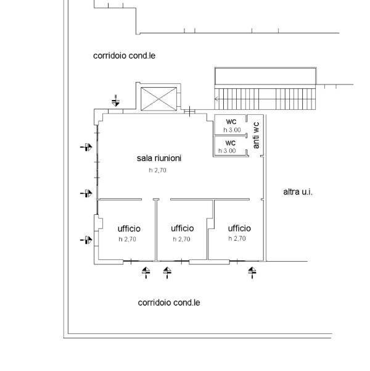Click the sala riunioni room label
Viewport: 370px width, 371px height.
tap(158, 159)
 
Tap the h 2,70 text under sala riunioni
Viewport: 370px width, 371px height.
tap(158, 170)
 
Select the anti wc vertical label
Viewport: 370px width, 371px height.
tap(256, 135)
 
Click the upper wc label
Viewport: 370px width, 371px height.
tap(231, 120)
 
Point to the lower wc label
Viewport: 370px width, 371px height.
tap(231, 143)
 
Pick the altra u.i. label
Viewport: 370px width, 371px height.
tap(297, 192)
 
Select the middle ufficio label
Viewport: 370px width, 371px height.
tap(183, 228)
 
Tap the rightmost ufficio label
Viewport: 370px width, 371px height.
tap(239, 227)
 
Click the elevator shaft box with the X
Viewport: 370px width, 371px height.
tap(158, 99)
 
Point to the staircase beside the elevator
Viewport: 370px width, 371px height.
tap(265, 98)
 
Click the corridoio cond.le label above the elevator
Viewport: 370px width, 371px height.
tap(124, 56)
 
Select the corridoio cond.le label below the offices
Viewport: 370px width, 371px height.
tap(169, 303)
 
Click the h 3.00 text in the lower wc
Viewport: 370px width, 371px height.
tap(228, 151)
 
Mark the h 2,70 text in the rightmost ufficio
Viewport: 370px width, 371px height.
tap(237, 238)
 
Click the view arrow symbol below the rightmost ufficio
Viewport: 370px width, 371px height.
tap(252, 272)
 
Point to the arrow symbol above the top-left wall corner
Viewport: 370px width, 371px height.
tap(116, 100)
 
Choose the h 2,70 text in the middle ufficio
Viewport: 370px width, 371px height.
tap(182, 239)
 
